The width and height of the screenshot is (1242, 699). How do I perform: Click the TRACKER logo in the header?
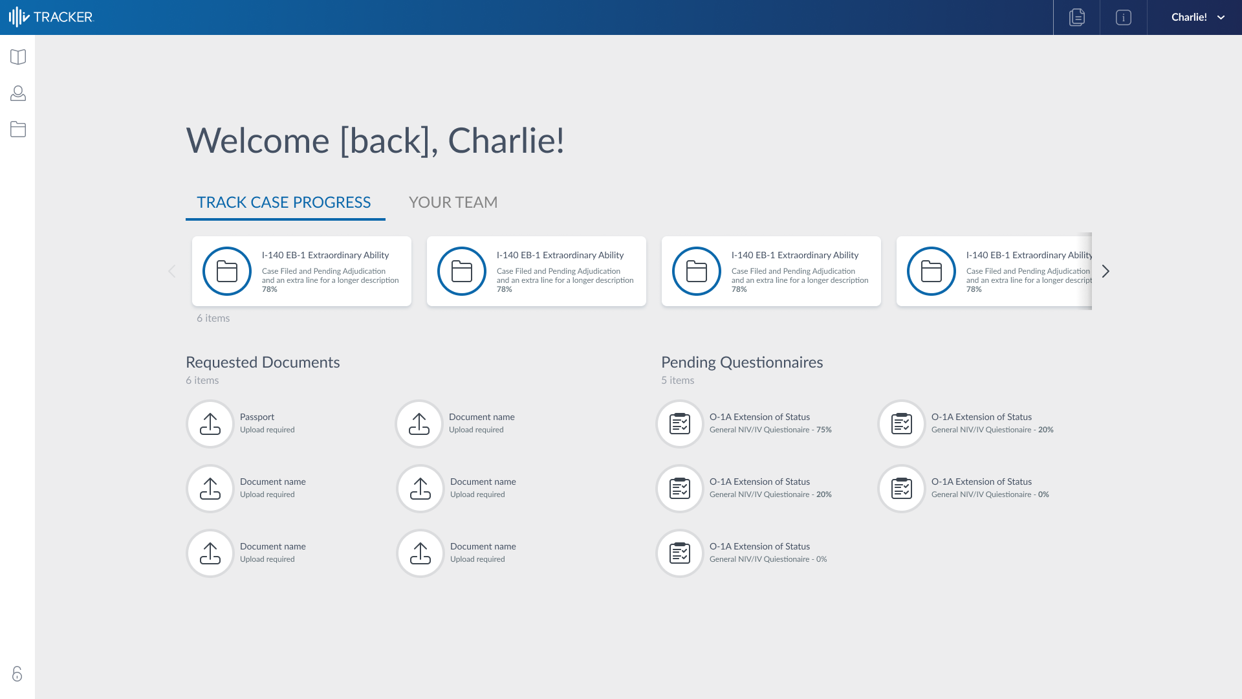pyautogui.click(x=52, y=17)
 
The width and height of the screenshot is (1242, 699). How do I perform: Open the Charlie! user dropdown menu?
pyautogui.click(x=1197, y=17)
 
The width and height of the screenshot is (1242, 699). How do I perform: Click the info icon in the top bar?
pyautogui.click(x=1124, y=17)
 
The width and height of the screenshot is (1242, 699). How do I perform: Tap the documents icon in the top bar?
pyautogui.click(x=1077, y=17)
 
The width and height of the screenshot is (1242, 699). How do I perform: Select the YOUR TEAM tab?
pyautogui.click(x=453, y=203)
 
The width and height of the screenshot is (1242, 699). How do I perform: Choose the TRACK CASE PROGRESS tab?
pyautogui.click(x=284, y=203)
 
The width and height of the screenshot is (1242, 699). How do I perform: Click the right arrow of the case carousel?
pyautogui.click(x=1106, y=271)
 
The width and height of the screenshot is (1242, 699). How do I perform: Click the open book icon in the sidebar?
pyautogui.click(x=18, y=57)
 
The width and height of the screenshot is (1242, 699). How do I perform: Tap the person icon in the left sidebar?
pyautogui.click(x=18, y=93)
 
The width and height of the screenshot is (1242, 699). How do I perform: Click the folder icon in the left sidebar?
pyautogui.click(x=18, y=129)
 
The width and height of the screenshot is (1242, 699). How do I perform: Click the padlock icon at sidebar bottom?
pyautogui.click(x=17, y=674)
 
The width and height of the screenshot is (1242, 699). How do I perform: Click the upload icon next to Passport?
pyautogui.click(x=210, y=424)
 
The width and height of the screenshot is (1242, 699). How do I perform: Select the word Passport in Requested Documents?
pyautogui.click(x=257, y=417)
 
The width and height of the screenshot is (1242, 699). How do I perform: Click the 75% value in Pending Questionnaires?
pyautogui.click(x=824, y=430)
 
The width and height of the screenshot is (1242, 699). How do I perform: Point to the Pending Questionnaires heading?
pyautogui.click(x=742, y=362)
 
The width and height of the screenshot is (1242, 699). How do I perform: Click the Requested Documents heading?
pyautogui.click(x=263, y=362)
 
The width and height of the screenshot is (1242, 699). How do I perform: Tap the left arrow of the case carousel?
pyautogui.click(x=171, y=271)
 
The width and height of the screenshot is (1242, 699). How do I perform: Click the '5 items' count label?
pyautogui.click(x=677, y=381)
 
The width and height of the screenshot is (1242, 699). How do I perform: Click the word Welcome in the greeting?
pyautogui.click(x=257, y=140)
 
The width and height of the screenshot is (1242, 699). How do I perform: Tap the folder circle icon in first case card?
pyautogui.click(x=227, y=271)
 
